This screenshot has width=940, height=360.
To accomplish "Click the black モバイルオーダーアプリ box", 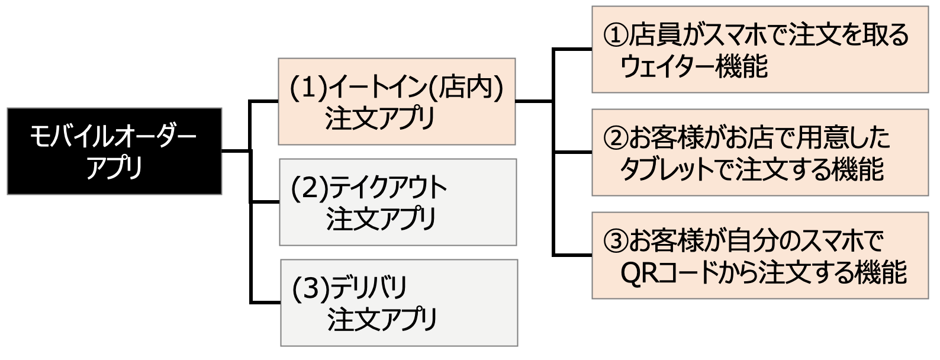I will (114, 152).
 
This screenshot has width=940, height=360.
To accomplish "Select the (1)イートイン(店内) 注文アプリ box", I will (396, 101).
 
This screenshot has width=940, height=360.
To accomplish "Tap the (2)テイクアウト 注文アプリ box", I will (397, 202).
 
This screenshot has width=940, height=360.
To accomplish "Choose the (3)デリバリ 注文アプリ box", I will (398, 303).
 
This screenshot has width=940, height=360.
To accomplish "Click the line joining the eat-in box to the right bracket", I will (534, 101).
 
